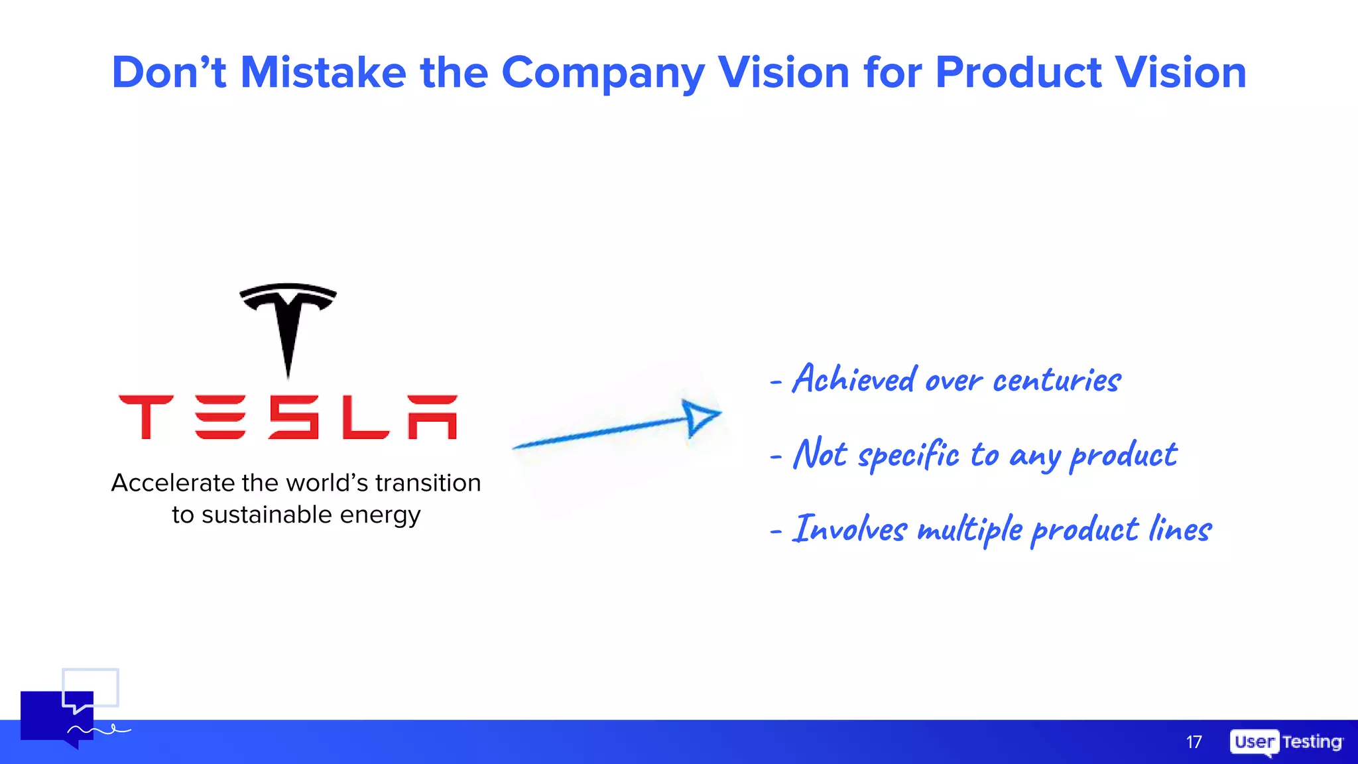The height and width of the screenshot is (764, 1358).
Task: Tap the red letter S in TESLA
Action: (294, 417)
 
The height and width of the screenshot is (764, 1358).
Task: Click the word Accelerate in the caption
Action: (173, 483)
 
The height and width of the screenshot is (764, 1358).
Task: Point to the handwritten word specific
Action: (908, 456)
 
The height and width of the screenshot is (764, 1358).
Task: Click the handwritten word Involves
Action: (850, 530)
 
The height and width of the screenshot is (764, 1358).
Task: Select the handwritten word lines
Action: (1180, 530)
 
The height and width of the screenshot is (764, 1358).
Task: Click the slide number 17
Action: (1194, 742)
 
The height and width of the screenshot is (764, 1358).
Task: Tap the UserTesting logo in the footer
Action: (1286, 742)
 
